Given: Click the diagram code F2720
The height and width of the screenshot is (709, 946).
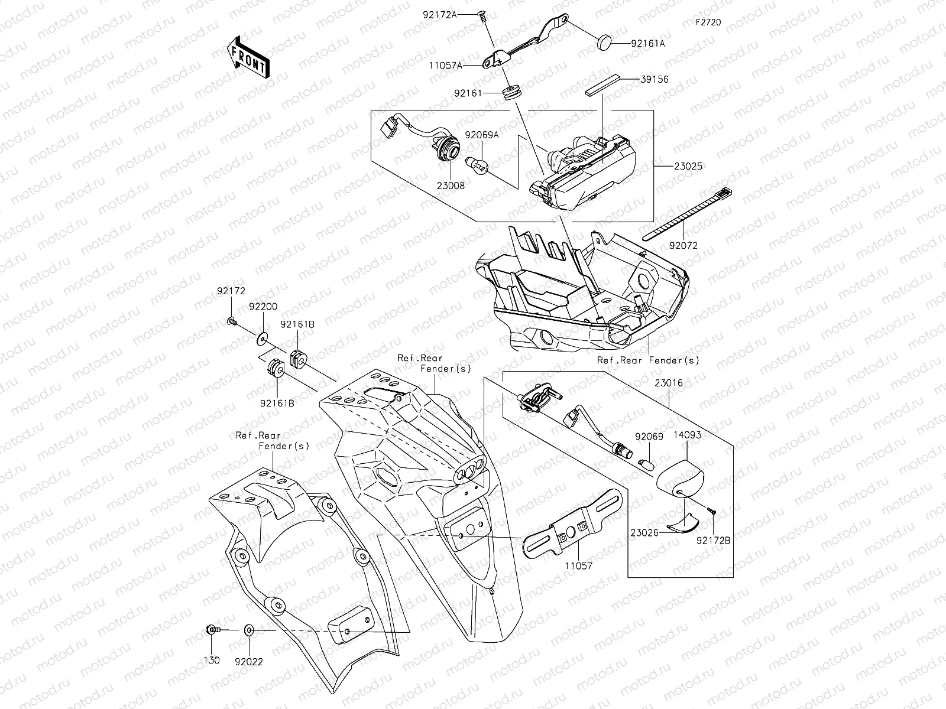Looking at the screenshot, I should point(708,23).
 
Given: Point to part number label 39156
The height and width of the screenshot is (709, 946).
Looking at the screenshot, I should point(653,79).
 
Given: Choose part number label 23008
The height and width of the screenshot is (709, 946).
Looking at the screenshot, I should point(451,186).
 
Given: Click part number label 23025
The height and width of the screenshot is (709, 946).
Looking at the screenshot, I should point(688,167).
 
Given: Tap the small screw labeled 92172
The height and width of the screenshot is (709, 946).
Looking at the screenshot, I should point(232,322).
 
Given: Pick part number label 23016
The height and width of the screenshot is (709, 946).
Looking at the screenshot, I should point(669,383).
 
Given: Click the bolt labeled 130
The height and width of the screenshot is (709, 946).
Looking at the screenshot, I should point(212,630).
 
